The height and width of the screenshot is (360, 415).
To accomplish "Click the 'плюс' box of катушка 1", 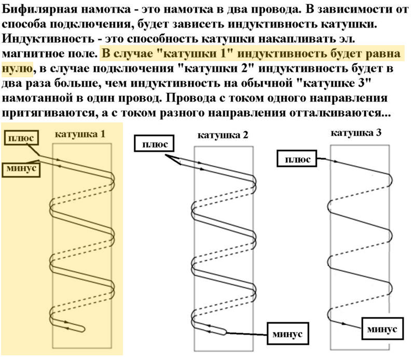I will pyautogui.click(x=21, y=138).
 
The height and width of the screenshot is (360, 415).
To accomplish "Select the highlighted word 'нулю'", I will pyautogui.click(x=18, y=68).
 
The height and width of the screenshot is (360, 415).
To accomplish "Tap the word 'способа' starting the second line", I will pyautogui.click(x=24, y=25).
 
